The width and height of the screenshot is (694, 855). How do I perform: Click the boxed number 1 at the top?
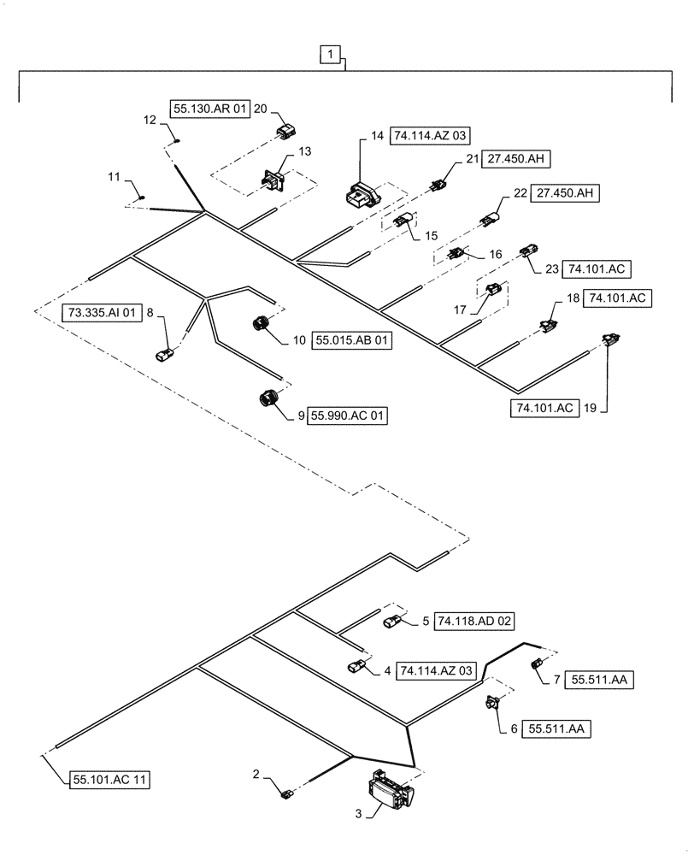pos(332,56)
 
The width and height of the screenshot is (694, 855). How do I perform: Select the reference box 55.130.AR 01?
pos(211,109)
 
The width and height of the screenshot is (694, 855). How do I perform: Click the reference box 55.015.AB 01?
pos(350,340)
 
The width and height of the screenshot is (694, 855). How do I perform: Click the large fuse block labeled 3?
pos(390,790)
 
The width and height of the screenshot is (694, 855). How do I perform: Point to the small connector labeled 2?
pos(287,796)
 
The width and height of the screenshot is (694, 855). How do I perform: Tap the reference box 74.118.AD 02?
pos(474,621)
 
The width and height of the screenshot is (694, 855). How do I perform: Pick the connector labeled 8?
pos(166,352)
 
